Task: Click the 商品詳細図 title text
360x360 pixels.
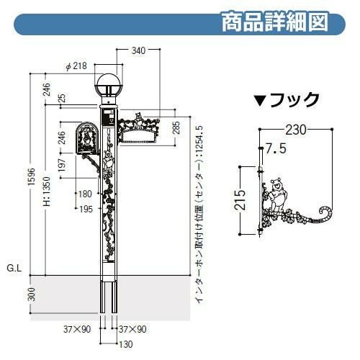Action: click(x=274, y=22)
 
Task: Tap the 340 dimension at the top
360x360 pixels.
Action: click(x=138, y=50)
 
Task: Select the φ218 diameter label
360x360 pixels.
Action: click(x=76, y=66)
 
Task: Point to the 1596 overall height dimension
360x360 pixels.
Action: click(x=32, y=176)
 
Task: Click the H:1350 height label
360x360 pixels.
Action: click(x=47, y=192)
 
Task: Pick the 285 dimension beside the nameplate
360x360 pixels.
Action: click(x=176, y=127)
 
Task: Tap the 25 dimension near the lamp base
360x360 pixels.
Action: click(x=62, y=98)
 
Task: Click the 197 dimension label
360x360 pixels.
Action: click(x=62, y=165)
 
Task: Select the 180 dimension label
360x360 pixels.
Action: click(x=85, y=194)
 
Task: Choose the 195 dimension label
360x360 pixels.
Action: click(x=86, y=209)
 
